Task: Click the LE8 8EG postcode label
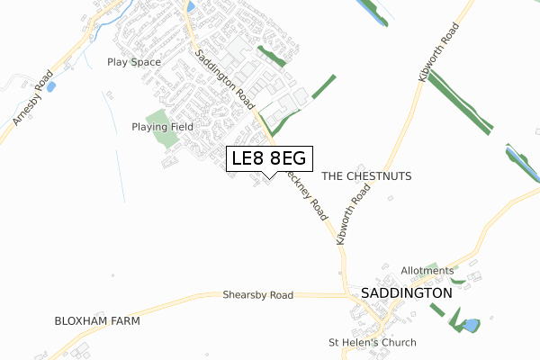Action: click(269, 159)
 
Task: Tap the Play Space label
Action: click(133, 62)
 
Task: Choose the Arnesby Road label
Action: click(30, 96)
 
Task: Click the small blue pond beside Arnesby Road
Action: click(50, 87)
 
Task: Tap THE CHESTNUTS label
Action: click(365, 176)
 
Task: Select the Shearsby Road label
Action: click(258, 295)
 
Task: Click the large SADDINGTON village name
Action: click(406, 293)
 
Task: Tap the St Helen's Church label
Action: click(373, 343)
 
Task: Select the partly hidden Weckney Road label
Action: click(304, 192)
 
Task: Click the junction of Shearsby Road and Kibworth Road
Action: click(344, 293)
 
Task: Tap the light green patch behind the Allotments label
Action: click(438, 268)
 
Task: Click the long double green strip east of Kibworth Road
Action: click(459, 101)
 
